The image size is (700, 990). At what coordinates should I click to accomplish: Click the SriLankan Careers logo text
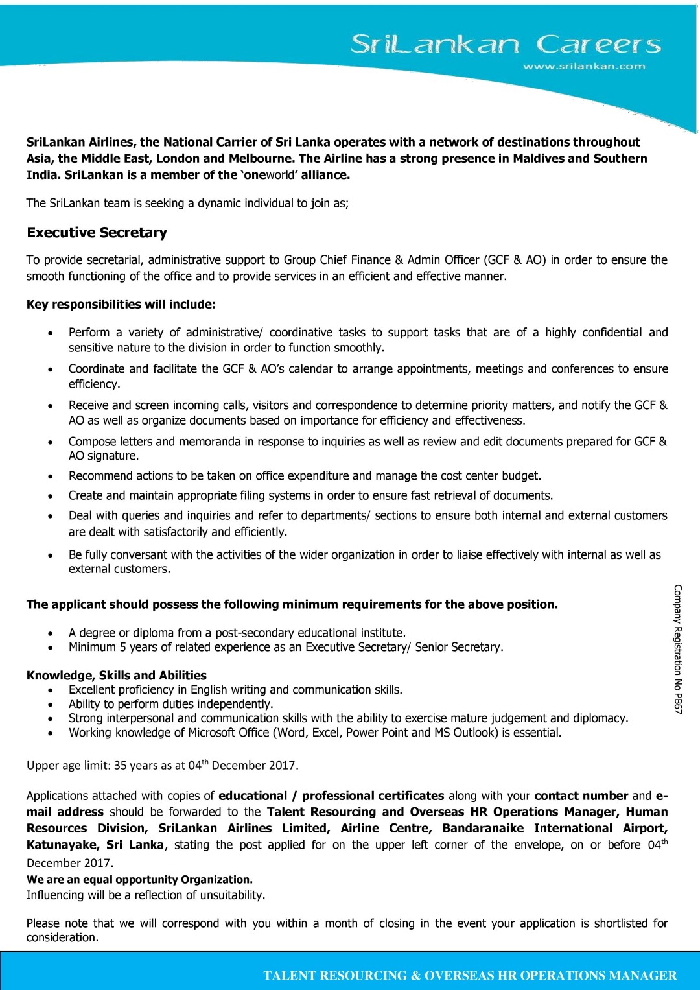506,44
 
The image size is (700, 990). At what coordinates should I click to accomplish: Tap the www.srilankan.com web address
584,66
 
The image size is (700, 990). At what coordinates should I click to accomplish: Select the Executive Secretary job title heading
97,233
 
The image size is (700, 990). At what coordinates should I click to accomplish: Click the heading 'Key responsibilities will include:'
121,305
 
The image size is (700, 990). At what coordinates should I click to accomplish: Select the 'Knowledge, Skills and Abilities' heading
117,676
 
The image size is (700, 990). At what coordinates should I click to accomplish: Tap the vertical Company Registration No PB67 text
678,649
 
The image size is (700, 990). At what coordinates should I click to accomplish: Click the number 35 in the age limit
121,766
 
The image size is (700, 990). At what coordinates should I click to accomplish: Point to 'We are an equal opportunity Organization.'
139,880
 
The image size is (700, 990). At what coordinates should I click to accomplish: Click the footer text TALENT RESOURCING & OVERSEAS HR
470,976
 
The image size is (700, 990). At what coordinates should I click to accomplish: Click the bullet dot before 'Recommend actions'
51,477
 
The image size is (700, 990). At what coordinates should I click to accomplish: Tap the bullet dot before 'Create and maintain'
51,497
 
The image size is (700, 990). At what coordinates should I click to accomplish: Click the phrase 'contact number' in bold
581,796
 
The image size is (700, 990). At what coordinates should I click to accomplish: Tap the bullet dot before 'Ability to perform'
51,705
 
